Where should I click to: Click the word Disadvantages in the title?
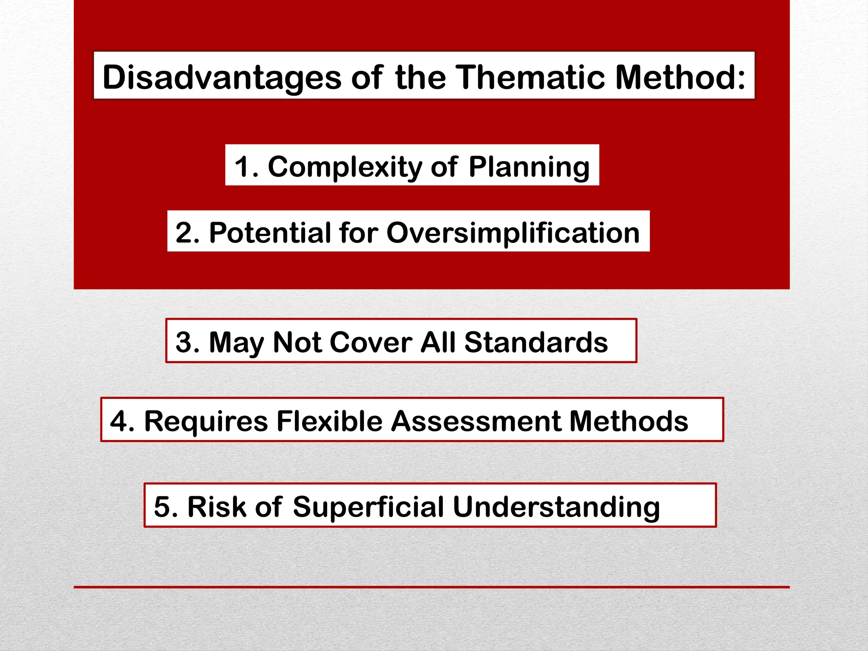pos(222,78)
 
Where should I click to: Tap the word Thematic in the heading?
pos(530,78)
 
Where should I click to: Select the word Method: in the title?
pos(680,78)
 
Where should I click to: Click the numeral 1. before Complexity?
pos(247,167)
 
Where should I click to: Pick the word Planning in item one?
pos(529,167)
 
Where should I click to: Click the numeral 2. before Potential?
pos(187,233)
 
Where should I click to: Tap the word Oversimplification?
pos(513,233)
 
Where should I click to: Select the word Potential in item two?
pos(270,233)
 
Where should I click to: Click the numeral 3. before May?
pos(187,342)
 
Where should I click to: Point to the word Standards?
pos(536,342)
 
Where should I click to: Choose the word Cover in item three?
pos(370,342)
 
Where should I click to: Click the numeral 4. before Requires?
pos(122,421)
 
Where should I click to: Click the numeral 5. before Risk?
pos(165,506)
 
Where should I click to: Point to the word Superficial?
pos(368,506)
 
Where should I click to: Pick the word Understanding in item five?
pos(556,506)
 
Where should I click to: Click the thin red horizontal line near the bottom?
pos(431,587)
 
